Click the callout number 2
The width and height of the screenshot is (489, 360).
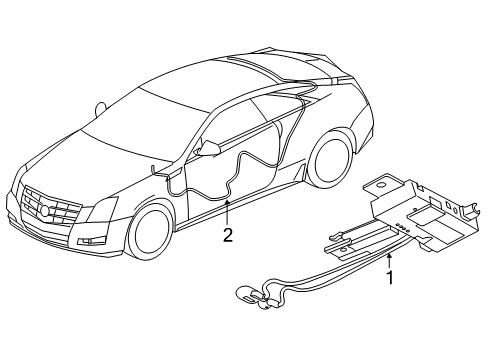pos(228,235)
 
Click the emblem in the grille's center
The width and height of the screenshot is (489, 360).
pos(46,210)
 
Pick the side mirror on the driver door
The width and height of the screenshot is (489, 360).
pos(210,148)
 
